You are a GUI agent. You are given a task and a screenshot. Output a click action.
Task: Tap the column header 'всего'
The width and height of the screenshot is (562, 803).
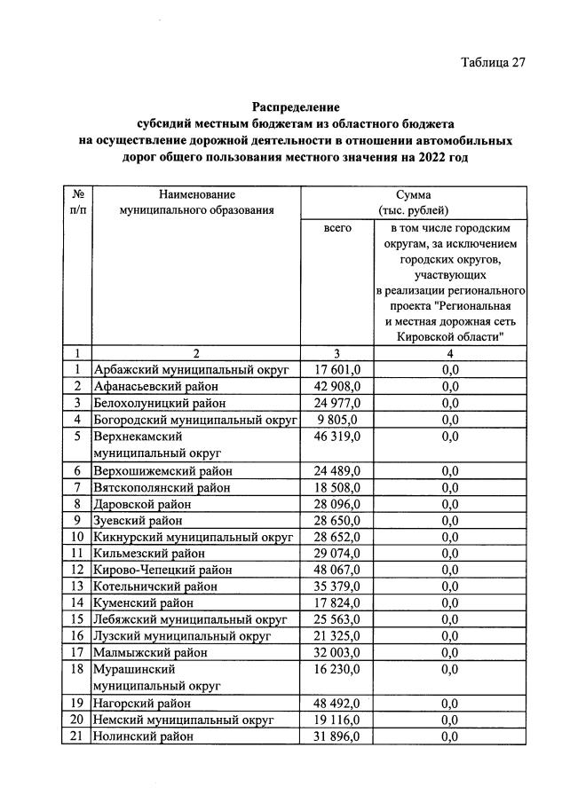(x=337, y=228)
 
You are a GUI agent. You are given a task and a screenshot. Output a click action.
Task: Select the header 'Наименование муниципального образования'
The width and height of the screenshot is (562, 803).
(x=197, y=201)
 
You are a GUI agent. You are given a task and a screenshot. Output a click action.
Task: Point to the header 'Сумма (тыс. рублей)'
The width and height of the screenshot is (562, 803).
(x=414, y=201)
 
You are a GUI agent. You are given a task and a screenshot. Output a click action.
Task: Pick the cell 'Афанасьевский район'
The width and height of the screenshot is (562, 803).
(x=155, y=386)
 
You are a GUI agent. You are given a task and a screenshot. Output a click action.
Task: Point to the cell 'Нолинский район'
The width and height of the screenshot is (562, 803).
(x=142, y=736)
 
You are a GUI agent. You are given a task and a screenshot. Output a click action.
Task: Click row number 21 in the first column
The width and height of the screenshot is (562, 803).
(x=78, y=736)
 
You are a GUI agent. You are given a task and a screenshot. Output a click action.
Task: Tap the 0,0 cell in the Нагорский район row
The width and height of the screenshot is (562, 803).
(x=449, y=704)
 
